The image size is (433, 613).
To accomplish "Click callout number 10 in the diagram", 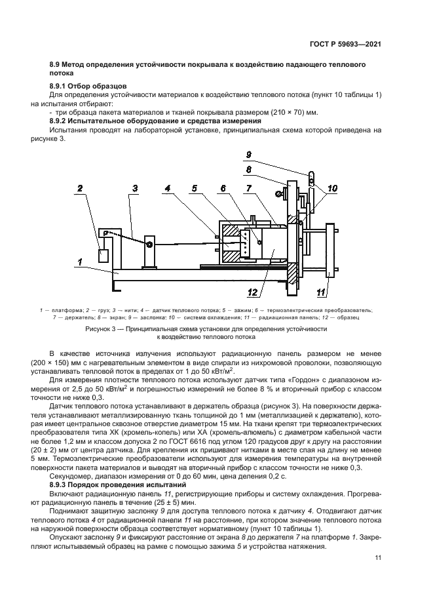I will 332,189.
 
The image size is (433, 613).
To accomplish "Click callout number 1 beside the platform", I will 79,262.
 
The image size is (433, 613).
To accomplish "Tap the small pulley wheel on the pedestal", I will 150,245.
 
